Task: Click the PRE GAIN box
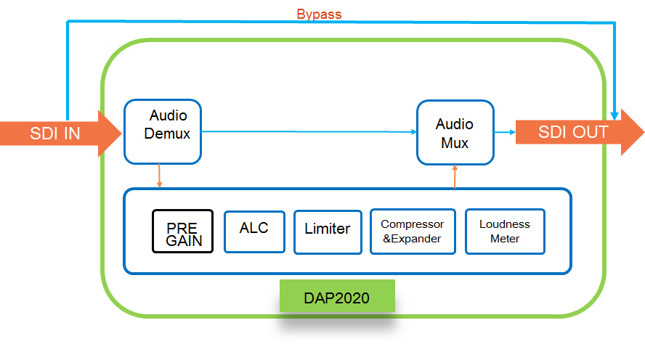pyautogui.click(x=182, y=231)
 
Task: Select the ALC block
pyautogui.click(x=254, y=232)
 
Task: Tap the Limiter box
pyautogui.click(x=328, y=232)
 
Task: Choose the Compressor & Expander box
pyautogui.click(x=413, y=232)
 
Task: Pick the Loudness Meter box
pyautogui.click(x=505, y=232)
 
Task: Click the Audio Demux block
pyautogui.click(x=163, y=131)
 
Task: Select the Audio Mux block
pyautogui.click(x=455, y=132)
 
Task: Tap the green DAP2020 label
pyautogui.click(x=337, y=296)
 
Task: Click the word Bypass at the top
pyautogui.click(x=319, y=15)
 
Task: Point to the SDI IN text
pyautogui.click(x=54, y=134)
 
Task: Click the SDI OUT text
pyautogui.click(x=573, y=132)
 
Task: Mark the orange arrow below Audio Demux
pyautogui.click(x=160, y=176)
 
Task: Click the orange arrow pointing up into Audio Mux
pyautogui.click(x=455, y=176)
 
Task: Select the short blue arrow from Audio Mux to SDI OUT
pyautogui.click(x=505, y=132)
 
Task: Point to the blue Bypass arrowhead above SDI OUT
pyautogui.click(x=614, y=116)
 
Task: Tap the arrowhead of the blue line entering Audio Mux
pyautogui.click(x=414, y=132)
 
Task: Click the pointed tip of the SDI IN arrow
pyautogui.click(x=122, y=133)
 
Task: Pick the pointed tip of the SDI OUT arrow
pyautogui.click(x=644, y=132)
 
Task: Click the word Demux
pyautogui.click(x=167, y=134)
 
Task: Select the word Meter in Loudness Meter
pyautogui.click(x=505, y=239)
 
